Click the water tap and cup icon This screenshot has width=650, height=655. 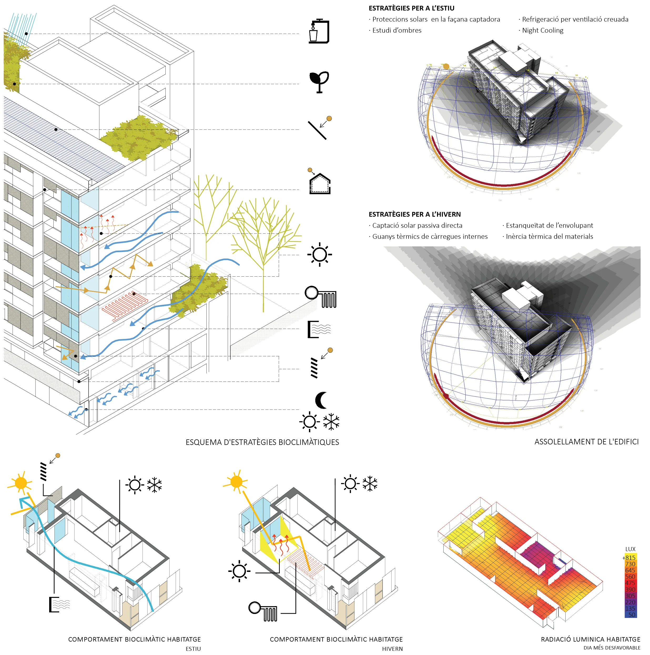pyautogui.click(x=319, y=31)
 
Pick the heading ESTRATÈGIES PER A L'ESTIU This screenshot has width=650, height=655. pyautogui.click(x=411, y=8)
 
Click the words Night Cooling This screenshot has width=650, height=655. pyautogui.click(x=542, y=30)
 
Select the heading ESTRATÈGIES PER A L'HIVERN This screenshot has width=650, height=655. pyautogui.click(x=414, y=214)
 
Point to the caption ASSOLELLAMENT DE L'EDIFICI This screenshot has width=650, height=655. pyautogui.click(x=586, y=442)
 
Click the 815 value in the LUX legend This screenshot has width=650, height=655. pyautogui.click(x=630, y=558)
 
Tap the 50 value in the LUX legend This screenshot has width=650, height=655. pyautogui.click(x=631, y=615)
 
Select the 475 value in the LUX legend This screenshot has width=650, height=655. pyautogui.click(x=630, y=583)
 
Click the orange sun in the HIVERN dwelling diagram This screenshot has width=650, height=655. pyautogui.click(x=236, y=481)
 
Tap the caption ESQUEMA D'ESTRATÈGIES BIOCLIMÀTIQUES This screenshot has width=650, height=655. pyautogui.click(x=262, y=442)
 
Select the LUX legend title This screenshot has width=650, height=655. pyautogui.click(x=630, y=549)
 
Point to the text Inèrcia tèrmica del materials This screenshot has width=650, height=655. pyautogui.click(x=549, y=236)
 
